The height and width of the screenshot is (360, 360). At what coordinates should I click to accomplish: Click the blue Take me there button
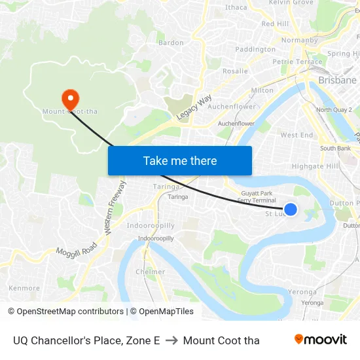coord(180,160)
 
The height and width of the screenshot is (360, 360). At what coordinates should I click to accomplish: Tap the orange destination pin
coord(70,99)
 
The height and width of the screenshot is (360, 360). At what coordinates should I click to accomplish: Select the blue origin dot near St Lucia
coord(291,209)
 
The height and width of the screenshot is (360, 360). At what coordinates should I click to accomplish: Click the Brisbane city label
coord(337,80)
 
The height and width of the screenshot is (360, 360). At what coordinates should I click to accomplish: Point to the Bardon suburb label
coord(171,43)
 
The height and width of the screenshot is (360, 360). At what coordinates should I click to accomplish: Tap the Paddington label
coord(255,49)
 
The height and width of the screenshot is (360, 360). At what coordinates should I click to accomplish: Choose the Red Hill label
coord(275,24)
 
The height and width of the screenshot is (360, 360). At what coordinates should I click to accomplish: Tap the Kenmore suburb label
coord(24,287)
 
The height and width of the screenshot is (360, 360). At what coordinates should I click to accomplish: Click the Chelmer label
coord(150,272)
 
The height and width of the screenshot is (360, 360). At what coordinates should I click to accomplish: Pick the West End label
coord(297,135)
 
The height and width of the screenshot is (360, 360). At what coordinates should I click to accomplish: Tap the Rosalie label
coord(235,71)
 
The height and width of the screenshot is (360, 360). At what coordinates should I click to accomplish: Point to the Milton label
coord(262,90)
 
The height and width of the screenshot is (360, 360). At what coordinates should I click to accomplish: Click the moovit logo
coord(320,339)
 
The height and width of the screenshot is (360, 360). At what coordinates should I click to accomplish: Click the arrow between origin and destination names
coord(171,340)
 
